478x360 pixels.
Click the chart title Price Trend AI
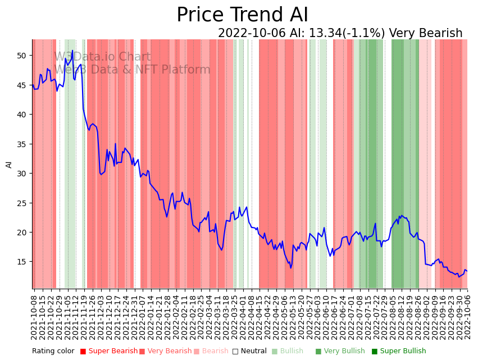[x=242, y=15]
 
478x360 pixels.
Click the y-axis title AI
[x=9, y=164]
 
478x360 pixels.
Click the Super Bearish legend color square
[x=83, y=352]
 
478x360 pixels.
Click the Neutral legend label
[x=253, y=352]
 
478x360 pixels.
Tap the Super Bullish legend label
[x=403, y=352]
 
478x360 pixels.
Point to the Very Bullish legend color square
[x=318, y=352]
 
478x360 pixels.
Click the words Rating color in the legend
[x=53, y=352]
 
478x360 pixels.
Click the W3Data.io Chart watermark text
[x=102, y=57]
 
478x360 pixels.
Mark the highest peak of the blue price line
[x=72, y=51]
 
